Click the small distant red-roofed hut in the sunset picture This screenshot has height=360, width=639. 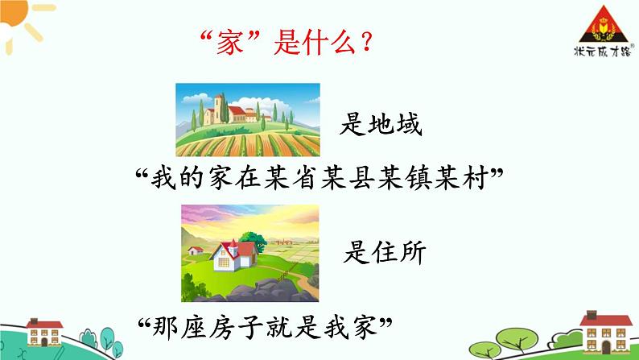click(x=196, y=249)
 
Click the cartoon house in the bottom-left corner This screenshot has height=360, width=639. click(x=46, y=330)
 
